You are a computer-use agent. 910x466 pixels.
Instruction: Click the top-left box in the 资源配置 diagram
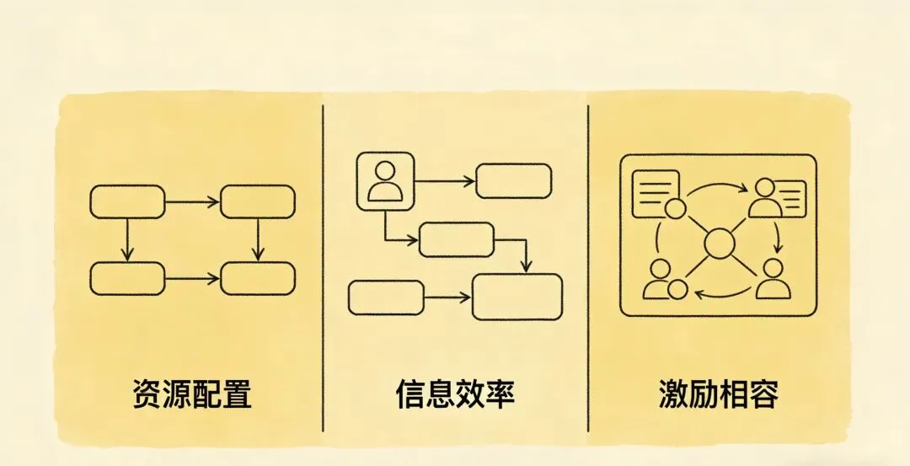[127, 201]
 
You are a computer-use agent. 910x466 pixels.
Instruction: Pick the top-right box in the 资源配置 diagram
[258, 201]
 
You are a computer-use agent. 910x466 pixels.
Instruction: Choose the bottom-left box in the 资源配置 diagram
[127, 278]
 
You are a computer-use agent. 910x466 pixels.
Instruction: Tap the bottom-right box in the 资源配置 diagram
[258, 278]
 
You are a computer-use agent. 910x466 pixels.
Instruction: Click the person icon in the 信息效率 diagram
[386, 181]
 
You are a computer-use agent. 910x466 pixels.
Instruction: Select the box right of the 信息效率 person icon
[514, 180]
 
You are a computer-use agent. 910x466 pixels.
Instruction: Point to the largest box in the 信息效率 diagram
[517, 297]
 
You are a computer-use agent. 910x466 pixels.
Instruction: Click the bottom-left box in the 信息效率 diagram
[385, 297]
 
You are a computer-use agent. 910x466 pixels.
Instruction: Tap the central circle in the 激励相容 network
[719, 244]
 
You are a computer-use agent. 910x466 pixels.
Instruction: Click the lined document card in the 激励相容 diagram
[656, 192]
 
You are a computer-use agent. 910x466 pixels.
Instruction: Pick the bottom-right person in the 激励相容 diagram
[773, 280]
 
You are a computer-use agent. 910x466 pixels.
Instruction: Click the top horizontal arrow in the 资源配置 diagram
[192, 201]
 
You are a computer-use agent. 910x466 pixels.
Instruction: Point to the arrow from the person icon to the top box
[445, 180]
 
